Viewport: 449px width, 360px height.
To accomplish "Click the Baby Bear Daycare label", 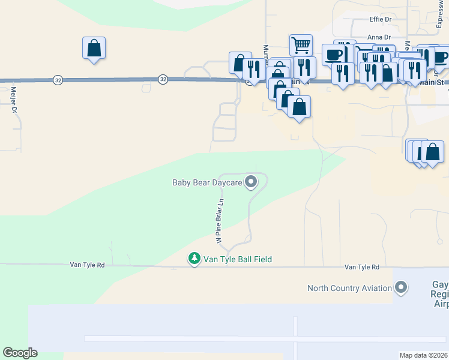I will click(206, 182).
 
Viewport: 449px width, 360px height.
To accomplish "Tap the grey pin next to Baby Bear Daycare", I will click(252, 181).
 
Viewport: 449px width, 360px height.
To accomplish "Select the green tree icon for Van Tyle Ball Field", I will click(194, 259).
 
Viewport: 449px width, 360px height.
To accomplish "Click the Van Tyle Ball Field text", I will click(238, 259).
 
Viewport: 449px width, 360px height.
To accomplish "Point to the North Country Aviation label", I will click(349, 288).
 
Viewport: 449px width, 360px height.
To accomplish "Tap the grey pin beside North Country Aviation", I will click(401, 287).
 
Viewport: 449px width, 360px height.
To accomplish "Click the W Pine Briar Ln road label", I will click(219, 221).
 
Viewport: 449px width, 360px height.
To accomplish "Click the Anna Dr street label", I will click(379, 37).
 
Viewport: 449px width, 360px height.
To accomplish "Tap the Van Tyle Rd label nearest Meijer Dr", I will click(87, 265).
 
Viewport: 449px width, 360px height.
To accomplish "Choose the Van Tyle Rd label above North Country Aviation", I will click(362, 267).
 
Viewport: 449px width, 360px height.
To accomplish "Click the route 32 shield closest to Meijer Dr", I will click(58, 79).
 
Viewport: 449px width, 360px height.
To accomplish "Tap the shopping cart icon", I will click(301, 44).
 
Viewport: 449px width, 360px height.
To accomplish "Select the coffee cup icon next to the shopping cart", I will click(334, 55).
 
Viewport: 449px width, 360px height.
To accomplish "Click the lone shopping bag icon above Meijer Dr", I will click(94, 47).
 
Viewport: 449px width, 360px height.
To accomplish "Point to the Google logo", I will click(20, 353).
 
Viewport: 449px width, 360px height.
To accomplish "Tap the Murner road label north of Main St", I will click(265, 51).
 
